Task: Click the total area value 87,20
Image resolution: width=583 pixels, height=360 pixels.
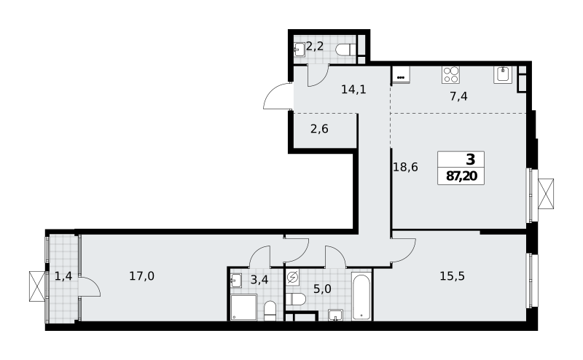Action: [x=461, y=176]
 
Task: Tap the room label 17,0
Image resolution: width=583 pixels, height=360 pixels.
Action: [x=141, y=276]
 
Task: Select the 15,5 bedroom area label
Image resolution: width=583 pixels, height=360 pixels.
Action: [x=452, y=276]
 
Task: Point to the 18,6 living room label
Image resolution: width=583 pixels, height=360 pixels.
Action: [x=405, y=167]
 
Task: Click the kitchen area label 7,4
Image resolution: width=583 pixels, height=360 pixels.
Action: [x=458, y=96]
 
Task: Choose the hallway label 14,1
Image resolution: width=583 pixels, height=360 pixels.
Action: [x=353, y=89]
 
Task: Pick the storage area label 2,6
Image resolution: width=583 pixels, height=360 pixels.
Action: [x=319, y=129]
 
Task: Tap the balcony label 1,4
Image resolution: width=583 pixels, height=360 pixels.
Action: [x=63, y=276]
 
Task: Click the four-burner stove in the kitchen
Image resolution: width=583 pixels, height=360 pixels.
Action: [x=450, y=74]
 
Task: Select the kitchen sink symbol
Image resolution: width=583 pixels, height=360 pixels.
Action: [x=503, y=74]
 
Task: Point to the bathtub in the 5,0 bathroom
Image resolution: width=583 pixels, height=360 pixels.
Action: [x=361, y=296]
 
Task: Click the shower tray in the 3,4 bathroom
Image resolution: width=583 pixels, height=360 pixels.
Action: [x=244, y=308]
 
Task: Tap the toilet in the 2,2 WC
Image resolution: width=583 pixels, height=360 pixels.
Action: [x=346, y=50]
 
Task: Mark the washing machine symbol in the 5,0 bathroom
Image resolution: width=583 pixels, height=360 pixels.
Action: [x=293, y=277]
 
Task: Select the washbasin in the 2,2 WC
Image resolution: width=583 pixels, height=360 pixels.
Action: [x=300, y=50]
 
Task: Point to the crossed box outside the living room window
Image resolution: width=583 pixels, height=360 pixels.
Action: [x=546, y=193]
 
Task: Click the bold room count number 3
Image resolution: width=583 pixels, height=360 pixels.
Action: [x=470, y=160]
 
